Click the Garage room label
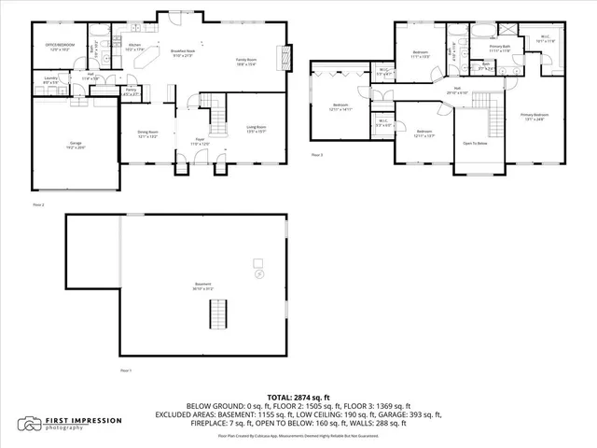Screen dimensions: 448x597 [75, 144]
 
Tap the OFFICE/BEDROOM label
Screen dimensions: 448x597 [62, 46]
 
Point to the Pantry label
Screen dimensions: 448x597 [131, 91]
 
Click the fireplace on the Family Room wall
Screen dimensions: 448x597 [285, 53]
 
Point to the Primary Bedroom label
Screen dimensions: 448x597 [534, 117]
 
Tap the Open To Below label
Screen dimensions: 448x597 [476, 144]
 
